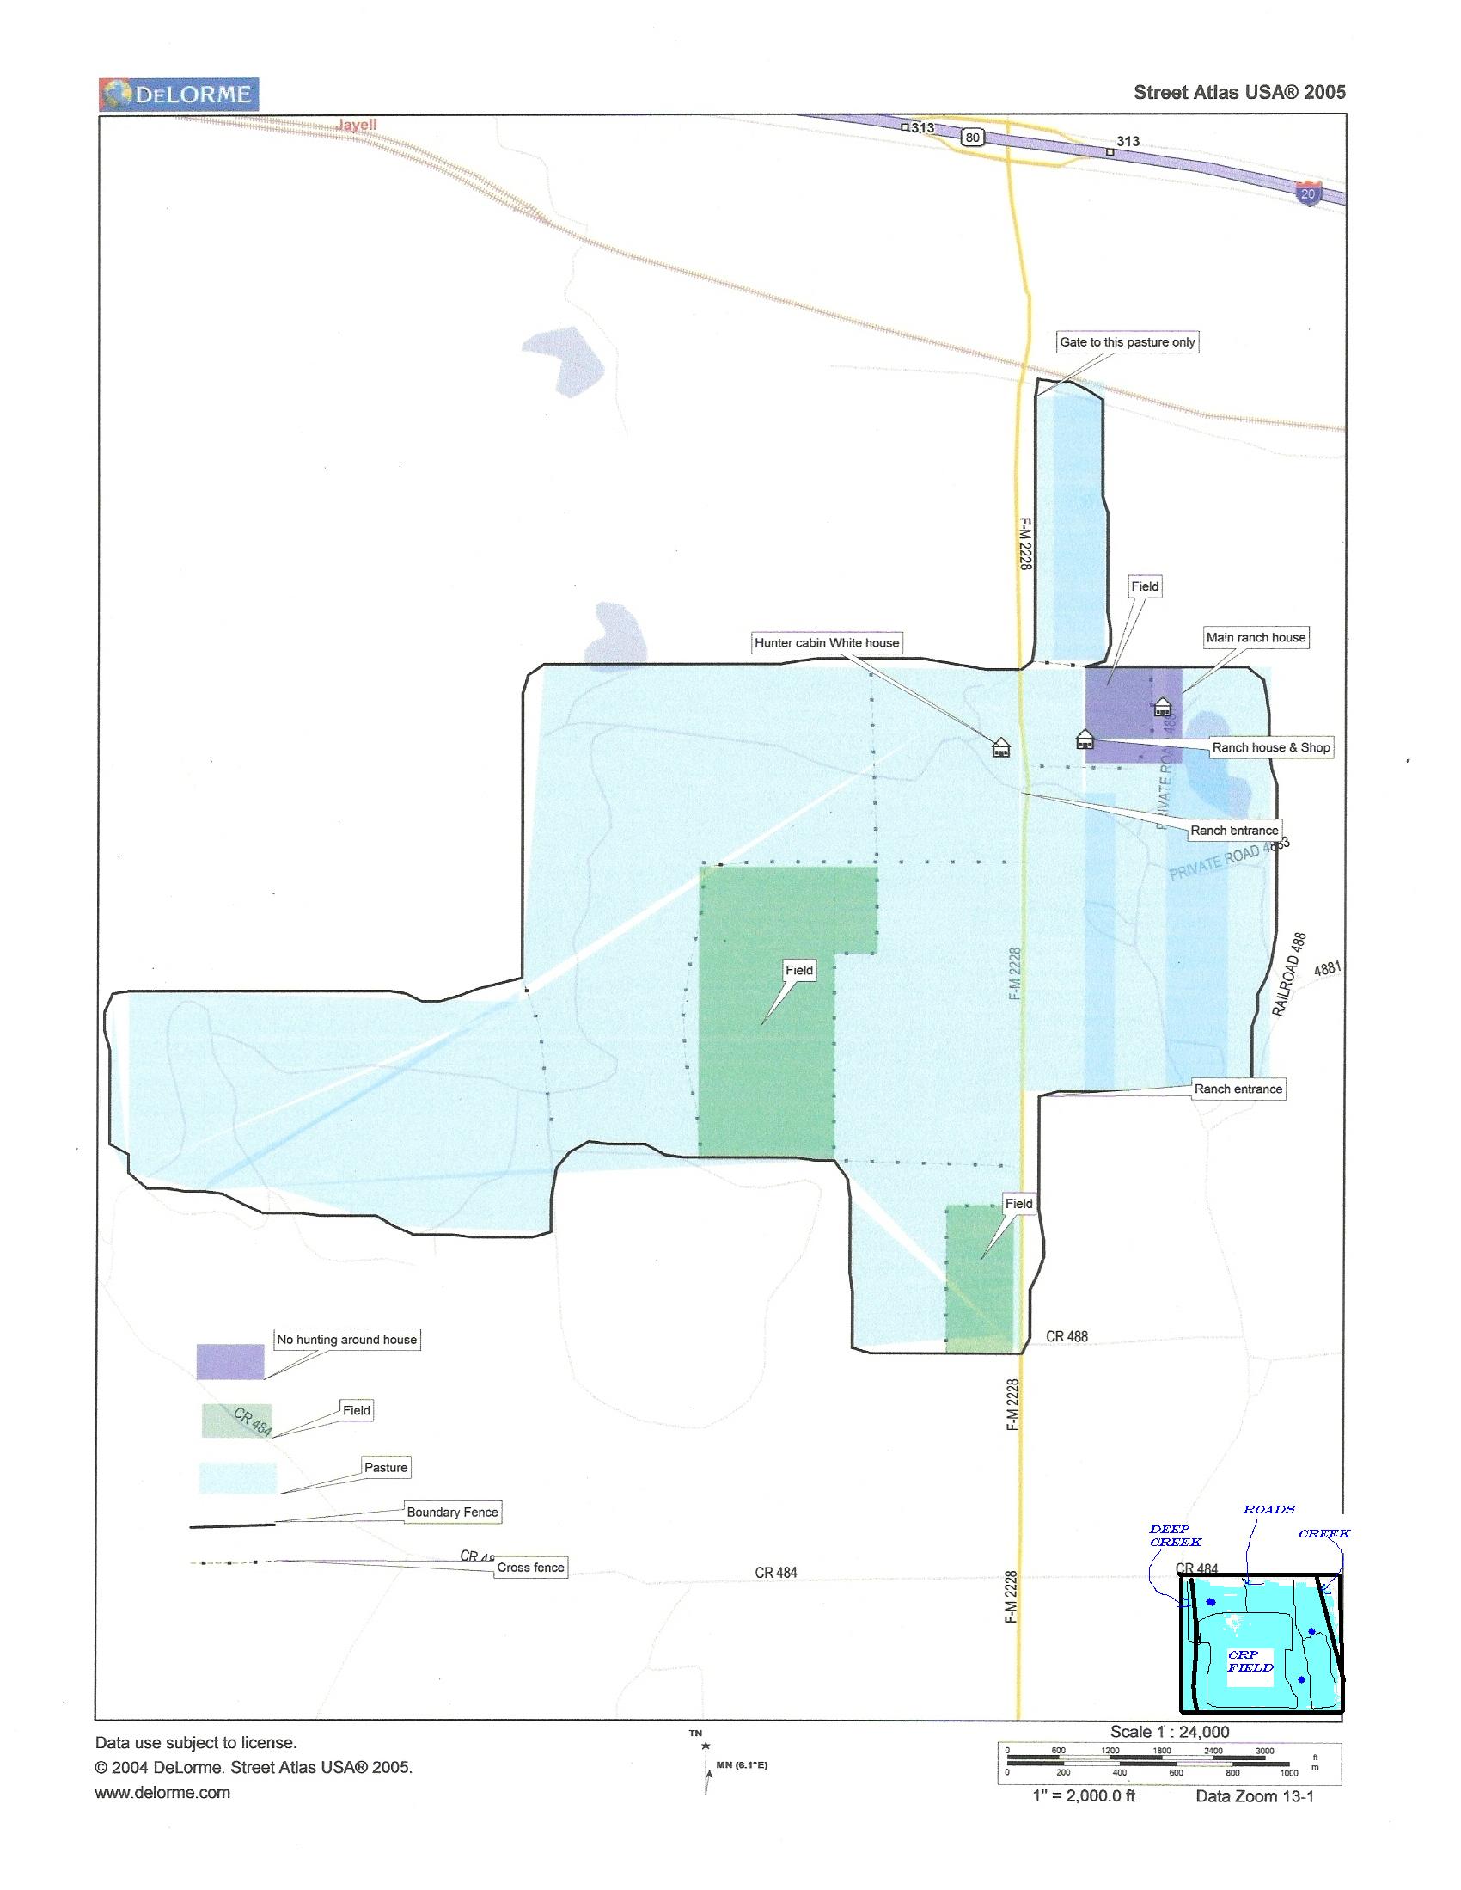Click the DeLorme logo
(x=179, y=94)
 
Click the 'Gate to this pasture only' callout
(x=1127, y=342)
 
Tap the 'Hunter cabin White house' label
(x=827, y=643)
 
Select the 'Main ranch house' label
(x=1255, y=638)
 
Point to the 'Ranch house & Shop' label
(x=1271, y=748)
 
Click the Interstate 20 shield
(x=1308, y=193)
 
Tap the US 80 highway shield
(x=973, y=137)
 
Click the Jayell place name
(x=357, y=125)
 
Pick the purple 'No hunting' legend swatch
(x=229, y=1360)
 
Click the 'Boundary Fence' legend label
(x=452, y=1512)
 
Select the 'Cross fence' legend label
(x=530, y=1568)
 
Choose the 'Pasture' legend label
(x=386, y=1468)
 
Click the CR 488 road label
(x=1067, y=1336)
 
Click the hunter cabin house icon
(x=1001, y=747)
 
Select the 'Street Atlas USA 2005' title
(x=1238, y=93)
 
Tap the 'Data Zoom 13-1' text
(x=1254, y=1795)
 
